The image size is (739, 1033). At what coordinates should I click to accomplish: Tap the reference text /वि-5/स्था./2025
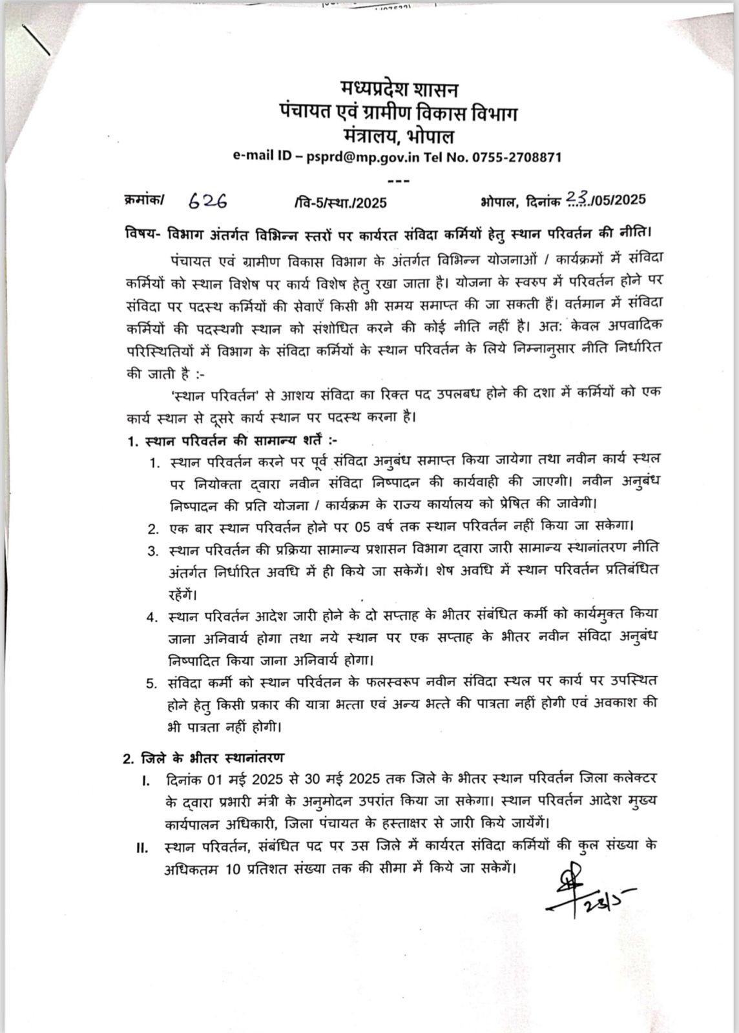click(339, 202)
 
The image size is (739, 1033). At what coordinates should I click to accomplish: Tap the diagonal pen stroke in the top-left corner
click(36, 39)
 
